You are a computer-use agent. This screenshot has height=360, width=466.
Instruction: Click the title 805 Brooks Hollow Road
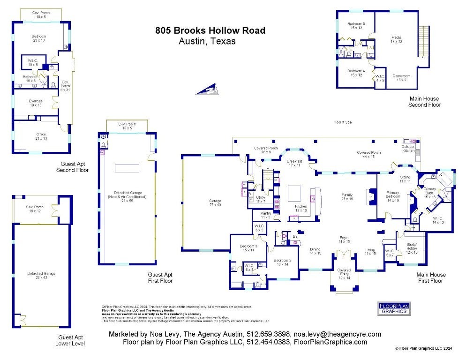coord(210,31)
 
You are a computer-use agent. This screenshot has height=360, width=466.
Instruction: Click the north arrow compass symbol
coord(207,89)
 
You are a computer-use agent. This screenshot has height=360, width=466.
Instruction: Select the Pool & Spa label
coord(343,122)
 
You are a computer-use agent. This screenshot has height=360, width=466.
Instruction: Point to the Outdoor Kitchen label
coord(408,148)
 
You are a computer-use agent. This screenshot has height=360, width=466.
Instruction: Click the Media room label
coord(397,39)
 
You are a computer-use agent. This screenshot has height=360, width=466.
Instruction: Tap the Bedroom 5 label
coord(356,25)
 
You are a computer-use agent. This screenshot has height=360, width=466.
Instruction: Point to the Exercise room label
coord(36,103)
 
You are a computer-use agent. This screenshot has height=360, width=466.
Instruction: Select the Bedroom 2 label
coord(283,262)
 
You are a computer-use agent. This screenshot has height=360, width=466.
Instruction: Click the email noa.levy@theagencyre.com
coord(337,334)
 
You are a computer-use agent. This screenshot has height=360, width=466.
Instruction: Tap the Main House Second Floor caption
coord(424,102)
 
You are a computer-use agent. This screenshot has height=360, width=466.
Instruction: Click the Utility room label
coord(261,199)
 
